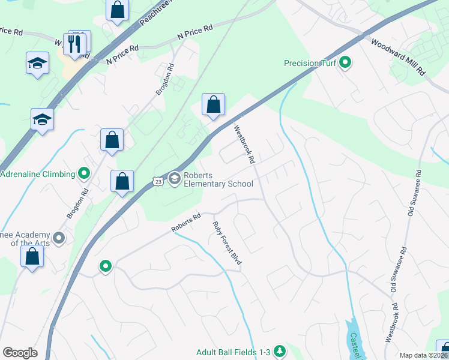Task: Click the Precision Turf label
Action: click(310, 62)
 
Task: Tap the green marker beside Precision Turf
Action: click(345, 62)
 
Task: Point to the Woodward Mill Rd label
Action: click(397, 57)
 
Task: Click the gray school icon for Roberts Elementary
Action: click(174, 178)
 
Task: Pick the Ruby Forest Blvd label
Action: click(228, 243)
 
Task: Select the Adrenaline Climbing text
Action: click(38, 175)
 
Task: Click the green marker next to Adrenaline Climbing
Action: click(84, 175)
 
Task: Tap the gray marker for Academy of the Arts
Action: click(59, 238)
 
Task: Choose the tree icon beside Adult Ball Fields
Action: click(279, 351)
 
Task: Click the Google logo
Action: click(20, 352)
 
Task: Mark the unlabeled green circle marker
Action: click(106, 266)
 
